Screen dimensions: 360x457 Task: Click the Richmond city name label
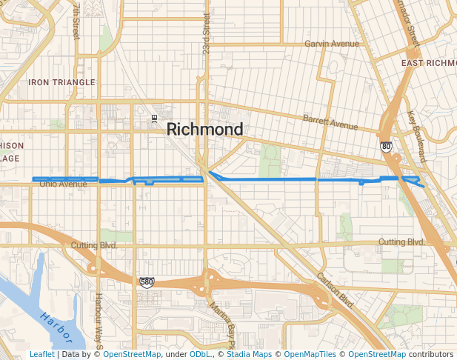[204, 129]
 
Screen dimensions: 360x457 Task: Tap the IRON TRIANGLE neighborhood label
[61, 82]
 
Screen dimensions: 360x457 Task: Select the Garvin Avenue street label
[331, 44]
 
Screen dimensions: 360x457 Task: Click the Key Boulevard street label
[417, 138]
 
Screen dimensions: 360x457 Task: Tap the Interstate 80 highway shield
[386, 146]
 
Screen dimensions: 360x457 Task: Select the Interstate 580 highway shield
[146, 281]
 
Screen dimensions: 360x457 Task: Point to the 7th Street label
[76, 20]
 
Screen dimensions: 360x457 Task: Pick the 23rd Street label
[207, 28]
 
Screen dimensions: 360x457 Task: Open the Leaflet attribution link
[41, 354]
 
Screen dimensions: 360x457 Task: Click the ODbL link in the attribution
[200, 354]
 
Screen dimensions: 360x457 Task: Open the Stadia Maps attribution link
[249, 354]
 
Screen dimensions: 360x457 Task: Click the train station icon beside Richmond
[154, 118]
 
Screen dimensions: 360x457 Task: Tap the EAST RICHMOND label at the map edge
[429, 63]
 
